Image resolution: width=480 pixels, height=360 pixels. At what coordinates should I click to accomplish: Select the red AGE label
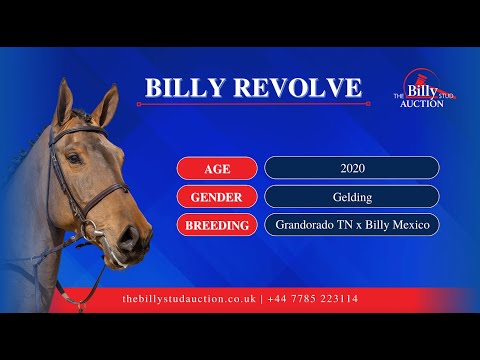coord(217,168)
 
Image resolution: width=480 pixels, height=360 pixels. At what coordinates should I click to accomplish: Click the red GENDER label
coord(217,196)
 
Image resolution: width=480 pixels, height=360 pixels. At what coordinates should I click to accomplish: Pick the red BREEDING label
coord(217,225)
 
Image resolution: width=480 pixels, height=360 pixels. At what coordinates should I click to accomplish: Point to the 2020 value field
coord(352,168)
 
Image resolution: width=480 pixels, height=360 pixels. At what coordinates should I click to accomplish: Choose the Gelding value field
coord(352,196)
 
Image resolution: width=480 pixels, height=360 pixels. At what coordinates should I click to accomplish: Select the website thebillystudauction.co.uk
coord(189,299)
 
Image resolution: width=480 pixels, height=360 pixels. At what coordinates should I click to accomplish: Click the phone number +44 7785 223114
coord(313,299)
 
